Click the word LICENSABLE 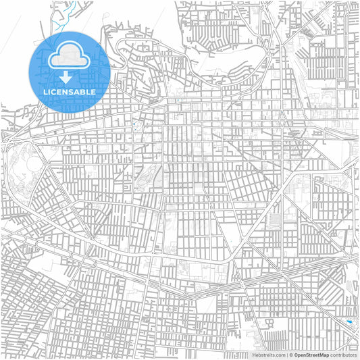click(69, 91)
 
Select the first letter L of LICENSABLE click(45, 91)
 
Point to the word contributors click(343, 355)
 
